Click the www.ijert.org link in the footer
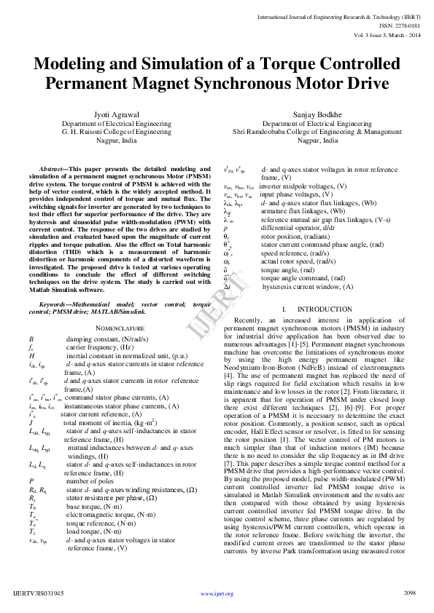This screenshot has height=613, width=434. pyautogui.click(x=217, y=594)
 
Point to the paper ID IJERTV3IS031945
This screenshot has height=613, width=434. pyautogui.click(x=39, y=594)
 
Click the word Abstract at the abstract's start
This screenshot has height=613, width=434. pyautogui.click(x=52, y=168)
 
